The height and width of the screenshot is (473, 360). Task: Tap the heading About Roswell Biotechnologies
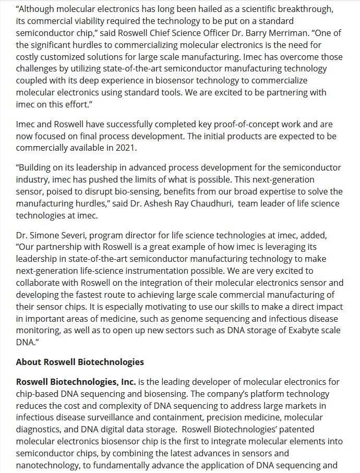pos(80,362)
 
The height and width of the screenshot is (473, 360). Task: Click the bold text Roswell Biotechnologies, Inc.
pos(76,382)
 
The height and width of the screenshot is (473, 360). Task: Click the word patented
pos(301,429)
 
